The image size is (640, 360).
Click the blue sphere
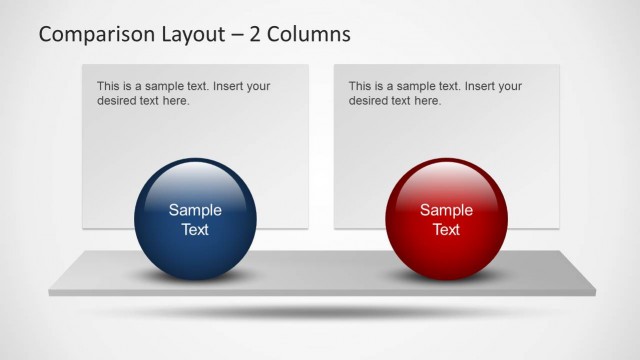point(195,221)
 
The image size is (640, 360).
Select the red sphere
point(446,221)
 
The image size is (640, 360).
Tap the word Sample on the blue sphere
point(195,210)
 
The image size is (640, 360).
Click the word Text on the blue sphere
point(195,229)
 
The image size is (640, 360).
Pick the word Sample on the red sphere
point(446,210)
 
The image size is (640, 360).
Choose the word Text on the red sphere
point(446,229)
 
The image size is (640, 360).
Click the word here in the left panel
point(176,101)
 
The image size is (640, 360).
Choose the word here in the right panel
point(428,101)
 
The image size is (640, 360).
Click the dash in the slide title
point(237,35)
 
